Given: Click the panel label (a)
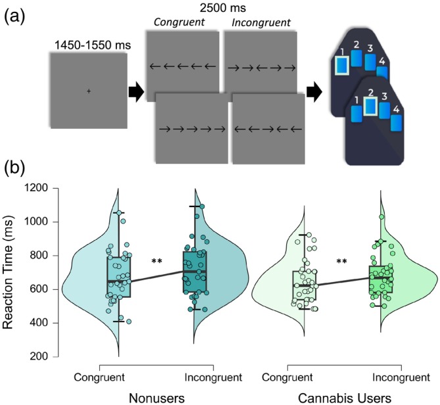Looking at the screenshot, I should pos(15,14).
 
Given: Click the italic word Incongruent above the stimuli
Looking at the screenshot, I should pos(260,23).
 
